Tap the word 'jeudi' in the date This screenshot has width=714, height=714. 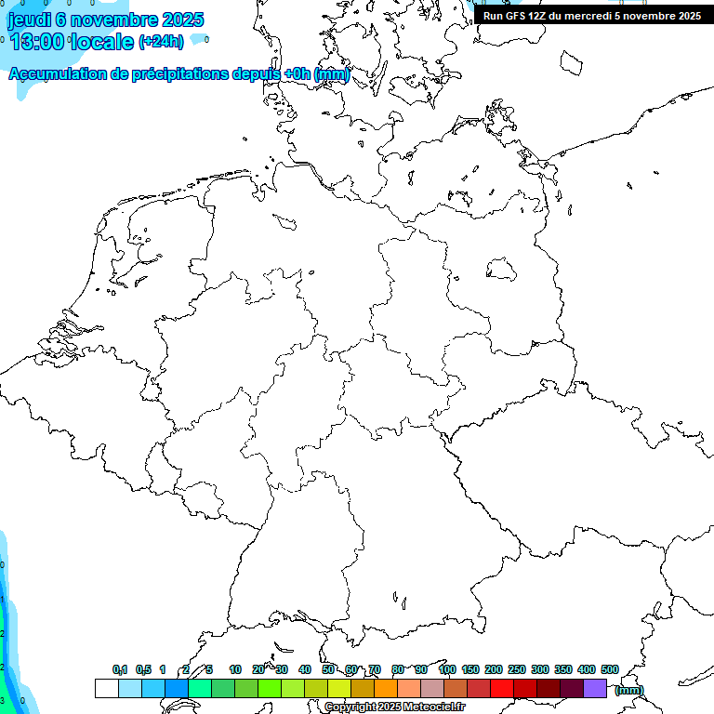click(x=29, y=19)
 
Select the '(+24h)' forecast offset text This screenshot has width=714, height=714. click(x=161, y=42)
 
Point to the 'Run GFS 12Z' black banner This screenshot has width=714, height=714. click(x=591, y=16)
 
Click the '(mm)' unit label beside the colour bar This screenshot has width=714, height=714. click(x=629, y=690)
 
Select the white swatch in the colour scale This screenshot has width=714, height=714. click(x=106, y=688)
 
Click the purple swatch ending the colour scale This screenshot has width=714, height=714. click(x=595, y=688)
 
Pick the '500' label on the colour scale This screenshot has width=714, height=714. click(x=610, y=669)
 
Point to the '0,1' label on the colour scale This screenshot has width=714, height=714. click(x=120, y=669)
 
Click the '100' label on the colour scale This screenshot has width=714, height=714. click(x=446, y=669)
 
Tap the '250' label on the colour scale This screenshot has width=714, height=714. click(x=517, y=669)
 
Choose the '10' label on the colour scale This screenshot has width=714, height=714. click(x=235, y=669)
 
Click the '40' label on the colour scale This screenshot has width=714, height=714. click(x=305, y=669)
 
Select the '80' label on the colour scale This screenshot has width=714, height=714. click(x=398, y=669)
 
